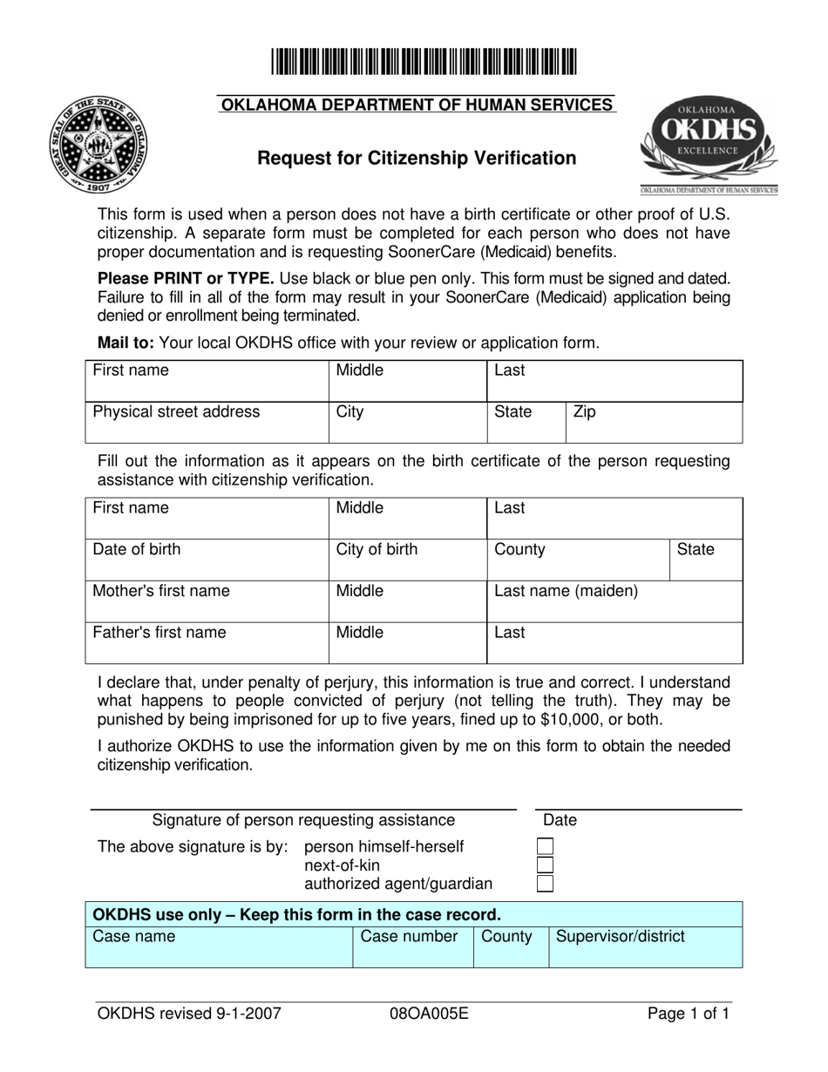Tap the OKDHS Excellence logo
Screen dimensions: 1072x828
(708, 143)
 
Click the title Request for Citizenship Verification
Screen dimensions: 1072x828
(416, 158)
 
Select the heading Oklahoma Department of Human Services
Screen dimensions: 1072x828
(416, 105)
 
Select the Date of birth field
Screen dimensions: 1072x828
(207, 560)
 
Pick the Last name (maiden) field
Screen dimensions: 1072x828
(614, 601)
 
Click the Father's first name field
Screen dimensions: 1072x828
(207, 643)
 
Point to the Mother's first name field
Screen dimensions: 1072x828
(207, 601)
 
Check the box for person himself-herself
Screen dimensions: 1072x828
(545, 846)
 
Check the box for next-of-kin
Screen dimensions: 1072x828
(545, 865)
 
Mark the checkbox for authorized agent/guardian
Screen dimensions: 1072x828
(545, 884)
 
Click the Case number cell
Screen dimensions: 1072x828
(411, 946)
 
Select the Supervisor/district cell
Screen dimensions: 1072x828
(645, 946)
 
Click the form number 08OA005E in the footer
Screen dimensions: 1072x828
(431, 1014)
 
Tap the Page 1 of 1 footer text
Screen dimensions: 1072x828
(688, 1014)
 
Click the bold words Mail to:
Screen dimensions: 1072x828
(126, 343)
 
